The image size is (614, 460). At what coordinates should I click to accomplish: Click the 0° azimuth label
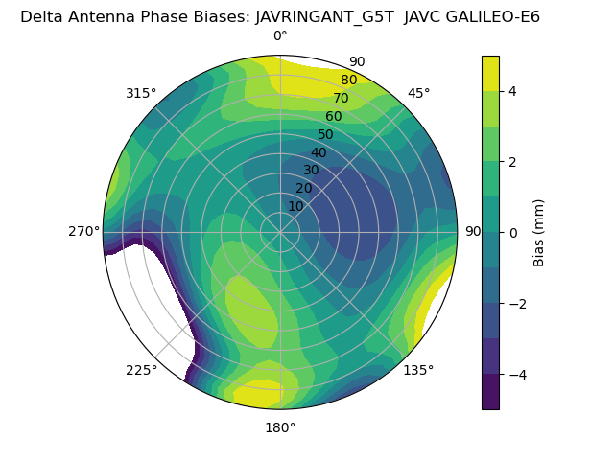[x=280, y=36]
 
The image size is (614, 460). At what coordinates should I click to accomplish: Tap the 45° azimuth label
[x=418, y=93]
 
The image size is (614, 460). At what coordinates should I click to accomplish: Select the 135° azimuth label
[x=418, y=370]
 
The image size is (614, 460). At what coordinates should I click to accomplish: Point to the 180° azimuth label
[x=280, y=427]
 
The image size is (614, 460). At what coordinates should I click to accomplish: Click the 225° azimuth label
[x=141, y=370]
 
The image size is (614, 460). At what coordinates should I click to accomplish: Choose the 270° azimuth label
[x=83, y=231]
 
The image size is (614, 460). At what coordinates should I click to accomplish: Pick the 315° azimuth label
[x=141, y=93]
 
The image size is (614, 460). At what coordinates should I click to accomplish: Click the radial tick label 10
[x=295, y=206]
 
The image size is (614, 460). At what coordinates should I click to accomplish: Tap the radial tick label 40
[x=319, y=152]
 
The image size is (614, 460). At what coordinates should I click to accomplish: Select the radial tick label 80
[x=348, y=80]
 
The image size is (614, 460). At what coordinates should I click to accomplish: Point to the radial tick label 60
[x=333, y=117]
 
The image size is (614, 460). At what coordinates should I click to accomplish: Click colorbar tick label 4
[x=513, y=91]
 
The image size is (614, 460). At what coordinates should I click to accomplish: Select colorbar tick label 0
[x=513, y=232]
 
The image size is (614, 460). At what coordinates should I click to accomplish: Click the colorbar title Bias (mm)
[x=539, y=232]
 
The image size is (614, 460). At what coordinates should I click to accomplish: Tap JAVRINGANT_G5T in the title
[x=324, y=16]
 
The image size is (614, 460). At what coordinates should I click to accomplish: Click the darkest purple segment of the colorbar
[x=490, y=392]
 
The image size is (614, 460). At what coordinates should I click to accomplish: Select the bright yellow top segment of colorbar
[x=490, y=73]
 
